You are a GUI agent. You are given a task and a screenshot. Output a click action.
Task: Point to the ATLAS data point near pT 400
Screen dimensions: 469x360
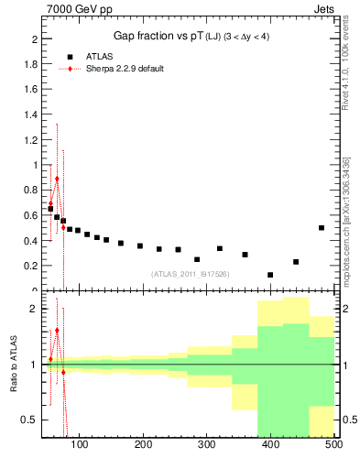point(270,275)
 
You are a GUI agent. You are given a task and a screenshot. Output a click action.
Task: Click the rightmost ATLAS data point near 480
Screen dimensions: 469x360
point(322,227)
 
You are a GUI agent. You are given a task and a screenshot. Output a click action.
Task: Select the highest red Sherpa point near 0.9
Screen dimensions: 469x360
point(57,180)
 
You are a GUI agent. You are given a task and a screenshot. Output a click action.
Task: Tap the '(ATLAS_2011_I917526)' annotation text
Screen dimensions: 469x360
point(190,273)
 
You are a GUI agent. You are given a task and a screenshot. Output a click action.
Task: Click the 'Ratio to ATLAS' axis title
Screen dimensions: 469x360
point(12,365)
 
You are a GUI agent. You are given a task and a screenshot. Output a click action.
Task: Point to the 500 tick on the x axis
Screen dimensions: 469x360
point(333,445)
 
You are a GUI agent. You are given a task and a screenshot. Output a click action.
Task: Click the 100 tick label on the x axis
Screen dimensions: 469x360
point(80,445)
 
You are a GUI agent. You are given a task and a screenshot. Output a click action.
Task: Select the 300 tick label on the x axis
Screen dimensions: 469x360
point(207,445)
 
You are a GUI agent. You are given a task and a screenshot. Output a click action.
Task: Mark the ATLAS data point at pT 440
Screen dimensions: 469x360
point(296,262)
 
